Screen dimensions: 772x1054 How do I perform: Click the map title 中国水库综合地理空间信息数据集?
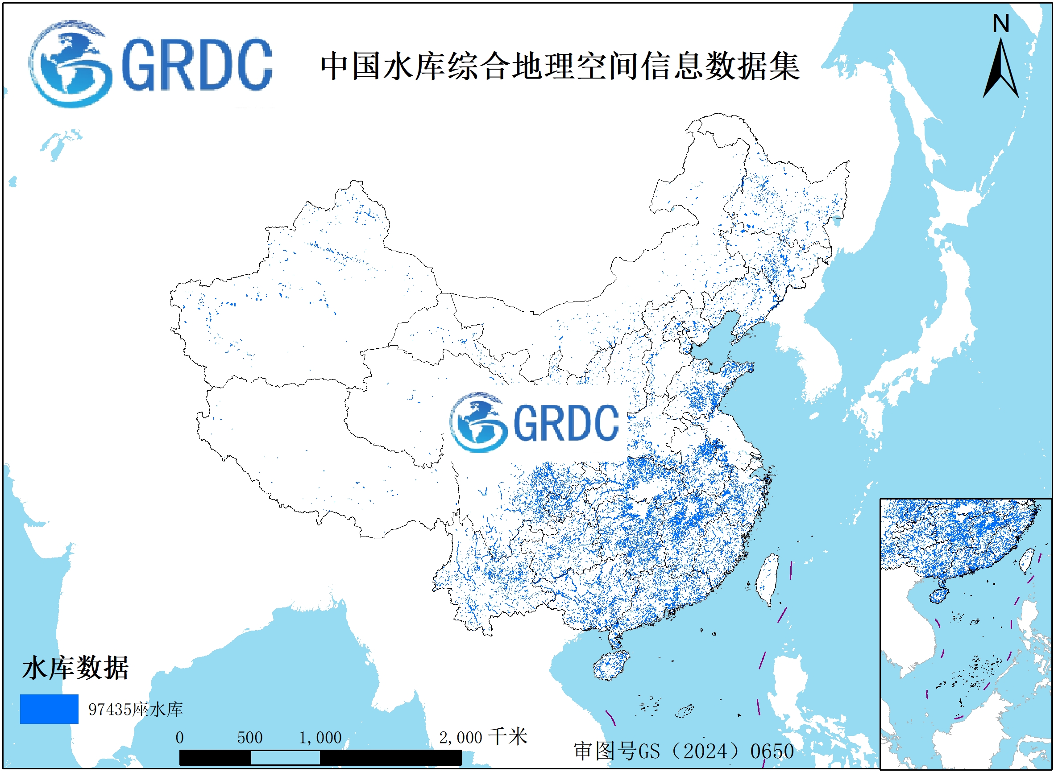click(x=560, y=66)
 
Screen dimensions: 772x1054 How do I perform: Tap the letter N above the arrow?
click(x=1001, y=23)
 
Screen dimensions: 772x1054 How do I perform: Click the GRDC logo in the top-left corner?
click(x=149, y=64)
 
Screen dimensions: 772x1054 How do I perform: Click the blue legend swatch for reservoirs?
click(x=49, y=709)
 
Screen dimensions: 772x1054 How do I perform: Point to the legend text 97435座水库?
click(x=136, y=710)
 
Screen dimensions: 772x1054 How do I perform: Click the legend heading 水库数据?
click(x=75, y=668)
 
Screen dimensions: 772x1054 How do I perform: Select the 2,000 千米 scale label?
click(x=482, y=737)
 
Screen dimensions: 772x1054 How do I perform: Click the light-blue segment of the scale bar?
click(x=285, y=758)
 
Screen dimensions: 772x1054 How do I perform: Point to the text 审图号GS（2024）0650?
click(x=684, y=751)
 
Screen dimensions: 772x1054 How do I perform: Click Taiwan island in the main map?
click(x=767, y=579)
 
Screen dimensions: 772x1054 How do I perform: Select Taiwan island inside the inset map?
click(x=1026, y=561)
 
